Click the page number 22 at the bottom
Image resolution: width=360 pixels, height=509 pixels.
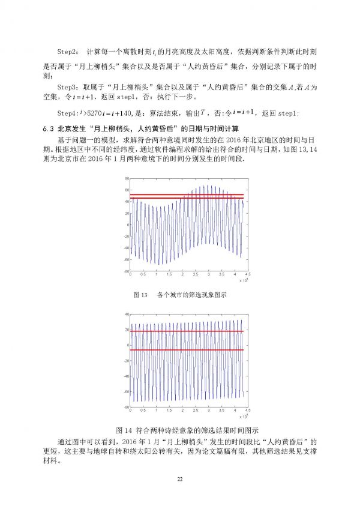[179, 478]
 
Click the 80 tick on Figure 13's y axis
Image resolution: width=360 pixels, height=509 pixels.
[127, 179]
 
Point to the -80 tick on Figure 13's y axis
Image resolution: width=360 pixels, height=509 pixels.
[127, 271]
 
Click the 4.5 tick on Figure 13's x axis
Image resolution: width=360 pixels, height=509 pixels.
[247, 275]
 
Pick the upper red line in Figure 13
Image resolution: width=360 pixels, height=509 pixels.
[187, 194]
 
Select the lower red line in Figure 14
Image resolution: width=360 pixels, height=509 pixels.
[187, 350]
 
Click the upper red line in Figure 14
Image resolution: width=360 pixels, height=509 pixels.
[187, 331]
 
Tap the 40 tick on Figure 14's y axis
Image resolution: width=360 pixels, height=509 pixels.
[127, 315]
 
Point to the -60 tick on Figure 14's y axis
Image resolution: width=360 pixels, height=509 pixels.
[127, 391]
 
